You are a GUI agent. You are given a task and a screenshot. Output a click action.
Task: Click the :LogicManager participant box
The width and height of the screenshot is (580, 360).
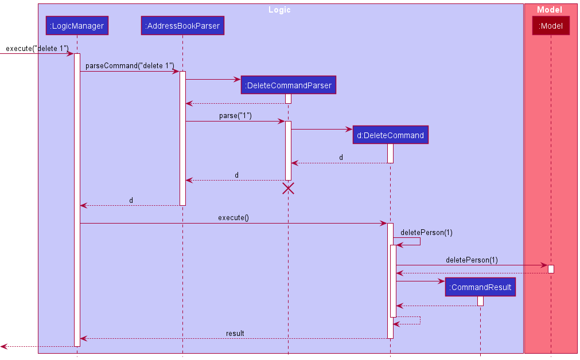[x=77, y=26]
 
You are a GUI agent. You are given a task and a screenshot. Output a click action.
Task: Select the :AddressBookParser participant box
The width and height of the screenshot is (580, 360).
[x=182, y=26]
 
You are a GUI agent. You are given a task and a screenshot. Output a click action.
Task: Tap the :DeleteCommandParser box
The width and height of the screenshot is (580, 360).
[x=288, y=85]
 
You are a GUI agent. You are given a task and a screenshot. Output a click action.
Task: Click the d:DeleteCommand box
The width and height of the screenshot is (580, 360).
[x=390, y=135]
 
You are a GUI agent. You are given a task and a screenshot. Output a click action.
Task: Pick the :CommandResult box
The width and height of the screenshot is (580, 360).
[x=480, y=287]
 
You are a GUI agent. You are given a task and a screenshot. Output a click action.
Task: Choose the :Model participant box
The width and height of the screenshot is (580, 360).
[x=551, y=26]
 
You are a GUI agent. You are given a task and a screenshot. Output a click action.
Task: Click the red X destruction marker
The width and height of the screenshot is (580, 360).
[x=288, y=189]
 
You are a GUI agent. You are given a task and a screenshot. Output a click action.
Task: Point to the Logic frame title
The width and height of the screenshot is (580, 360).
[x=279, y=10]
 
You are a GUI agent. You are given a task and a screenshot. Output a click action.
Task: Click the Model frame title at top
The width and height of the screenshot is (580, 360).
[x=550, y=10]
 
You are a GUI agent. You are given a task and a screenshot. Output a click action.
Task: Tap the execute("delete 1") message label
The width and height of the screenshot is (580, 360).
[x=37, y=49]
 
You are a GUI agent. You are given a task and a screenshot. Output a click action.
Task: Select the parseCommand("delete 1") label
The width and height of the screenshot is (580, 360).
[x=130, y=66]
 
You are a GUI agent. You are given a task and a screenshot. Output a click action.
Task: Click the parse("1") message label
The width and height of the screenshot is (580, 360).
[x=235, y=116]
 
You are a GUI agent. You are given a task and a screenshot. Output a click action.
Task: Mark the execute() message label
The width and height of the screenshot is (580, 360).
[x=233, y=218]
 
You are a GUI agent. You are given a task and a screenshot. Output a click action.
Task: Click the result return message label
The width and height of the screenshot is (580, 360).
[x=235, y=333]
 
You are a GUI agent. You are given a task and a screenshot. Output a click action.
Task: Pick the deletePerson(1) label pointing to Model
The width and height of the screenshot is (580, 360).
[x=472, y=260]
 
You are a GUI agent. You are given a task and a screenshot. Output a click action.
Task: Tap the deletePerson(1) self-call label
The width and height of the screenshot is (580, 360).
[x=426, y=232]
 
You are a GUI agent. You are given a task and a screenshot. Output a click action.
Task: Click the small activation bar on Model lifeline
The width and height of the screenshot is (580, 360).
[x=551, y=269]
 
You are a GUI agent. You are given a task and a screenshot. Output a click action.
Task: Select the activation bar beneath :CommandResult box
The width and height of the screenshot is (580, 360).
[x=480, y=301]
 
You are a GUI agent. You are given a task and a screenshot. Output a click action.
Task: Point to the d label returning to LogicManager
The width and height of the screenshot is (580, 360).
[x=131, y=200]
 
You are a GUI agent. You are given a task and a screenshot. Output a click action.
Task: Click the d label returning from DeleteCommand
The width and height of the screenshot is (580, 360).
[x=341, y=158]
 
